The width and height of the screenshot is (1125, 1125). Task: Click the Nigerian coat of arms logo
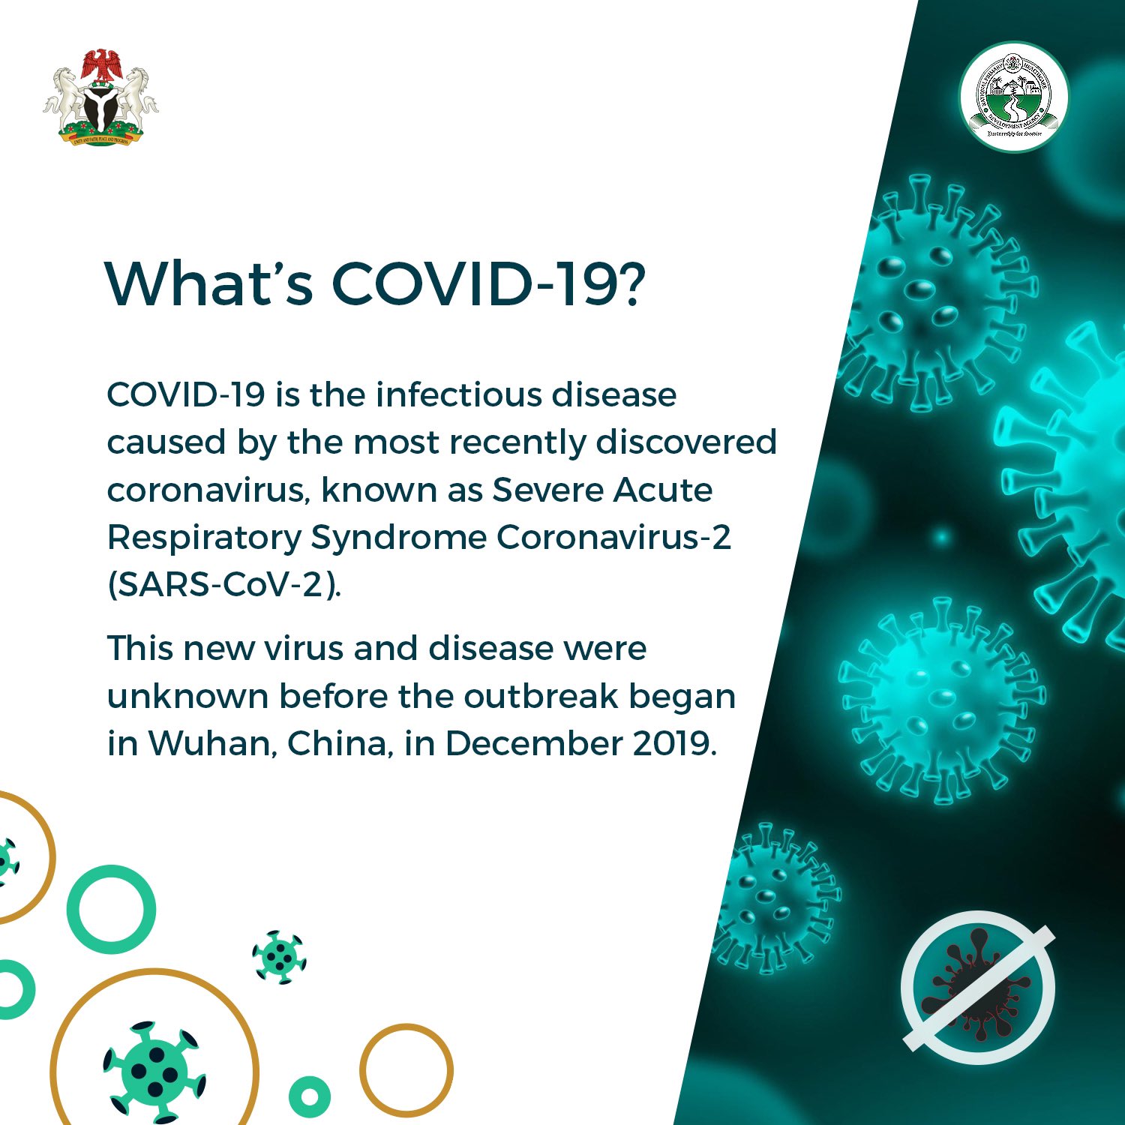[x=100, y=97]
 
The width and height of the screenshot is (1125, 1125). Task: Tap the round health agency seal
[x=1014, y=97]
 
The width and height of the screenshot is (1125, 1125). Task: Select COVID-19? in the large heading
[x=487, y=283]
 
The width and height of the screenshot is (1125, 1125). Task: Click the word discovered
[x=685, y=442]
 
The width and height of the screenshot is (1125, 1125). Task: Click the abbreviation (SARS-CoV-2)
[x=224, y=585]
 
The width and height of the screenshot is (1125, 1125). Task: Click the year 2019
[x=674, y=743]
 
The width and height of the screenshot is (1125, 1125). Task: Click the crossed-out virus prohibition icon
[x=978, y=987]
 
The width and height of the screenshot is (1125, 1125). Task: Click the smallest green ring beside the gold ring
[x=310, y=1096]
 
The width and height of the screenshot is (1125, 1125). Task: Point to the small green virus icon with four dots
[x=279, y=957]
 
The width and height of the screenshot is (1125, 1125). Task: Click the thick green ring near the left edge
[x=111, y=909]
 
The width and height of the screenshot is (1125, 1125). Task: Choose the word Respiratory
[x=204, y=538]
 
